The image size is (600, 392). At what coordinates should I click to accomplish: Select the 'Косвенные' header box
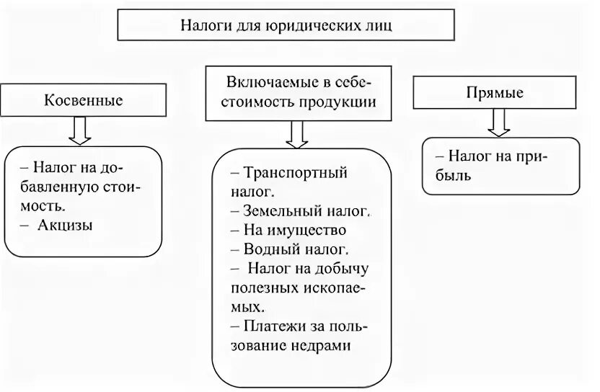pyautogui.click(x=84, y=100)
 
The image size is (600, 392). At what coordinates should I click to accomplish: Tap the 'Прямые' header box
pyautogui.click(x=495, y=93)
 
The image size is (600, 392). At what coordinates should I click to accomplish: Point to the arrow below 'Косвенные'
pyautogui.click(x=80, y=130)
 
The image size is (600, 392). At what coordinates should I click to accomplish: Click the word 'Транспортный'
pyautogui.click(x=296, y=173)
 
